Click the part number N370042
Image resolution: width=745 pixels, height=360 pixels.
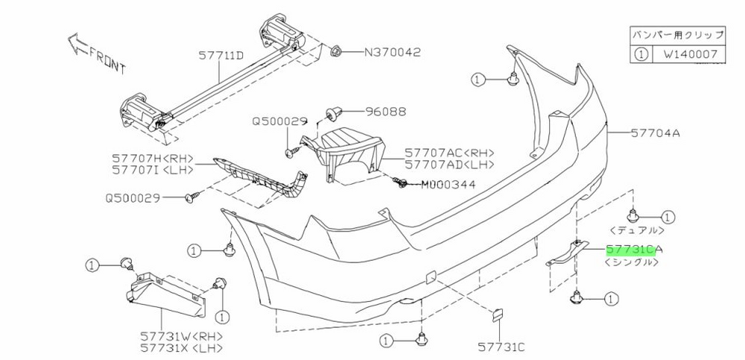(393, 52)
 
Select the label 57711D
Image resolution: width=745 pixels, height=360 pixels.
(221, 56)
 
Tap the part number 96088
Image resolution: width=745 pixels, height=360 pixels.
(386, 112)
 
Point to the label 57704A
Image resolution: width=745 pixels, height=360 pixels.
(655, 133)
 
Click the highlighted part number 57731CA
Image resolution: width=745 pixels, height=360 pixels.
(634, 250)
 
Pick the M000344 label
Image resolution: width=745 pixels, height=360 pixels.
(448, 184)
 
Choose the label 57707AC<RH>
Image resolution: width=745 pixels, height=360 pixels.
(449, 153)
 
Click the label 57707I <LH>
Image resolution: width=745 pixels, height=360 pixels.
(153, 170)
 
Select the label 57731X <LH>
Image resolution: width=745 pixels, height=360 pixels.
(181, 348)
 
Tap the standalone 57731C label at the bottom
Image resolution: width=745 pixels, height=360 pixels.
(501, 347)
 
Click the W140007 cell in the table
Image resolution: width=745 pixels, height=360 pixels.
(688, 54)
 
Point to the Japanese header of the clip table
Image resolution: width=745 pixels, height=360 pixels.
(678, 35)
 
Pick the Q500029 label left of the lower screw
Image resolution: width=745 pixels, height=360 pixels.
(133, 198)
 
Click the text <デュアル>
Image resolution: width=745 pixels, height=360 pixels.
(636, 230)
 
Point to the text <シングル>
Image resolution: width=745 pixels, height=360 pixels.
(632, 262)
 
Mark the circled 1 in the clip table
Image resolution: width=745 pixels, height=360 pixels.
(641, 54)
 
